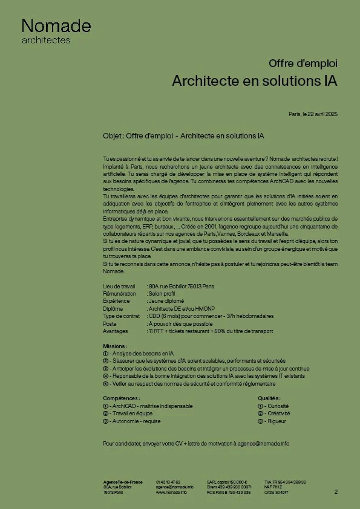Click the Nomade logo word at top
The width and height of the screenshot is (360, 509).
point(56,26)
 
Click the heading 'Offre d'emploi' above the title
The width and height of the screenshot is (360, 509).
point(303,63)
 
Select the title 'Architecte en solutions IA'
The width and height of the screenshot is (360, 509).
point(254,80)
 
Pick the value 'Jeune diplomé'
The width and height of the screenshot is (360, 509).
point(166,300)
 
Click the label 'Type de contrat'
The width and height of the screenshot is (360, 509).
point(121,316)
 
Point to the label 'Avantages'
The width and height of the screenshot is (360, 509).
point(116,331)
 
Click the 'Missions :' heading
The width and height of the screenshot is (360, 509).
point(115,346)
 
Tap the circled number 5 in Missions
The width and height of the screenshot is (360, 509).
point(105,383)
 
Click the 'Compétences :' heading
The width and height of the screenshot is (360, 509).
point(122,398)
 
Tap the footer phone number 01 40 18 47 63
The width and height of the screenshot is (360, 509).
point(168,482)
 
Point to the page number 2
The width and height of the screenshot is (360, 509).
point(336,492)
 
